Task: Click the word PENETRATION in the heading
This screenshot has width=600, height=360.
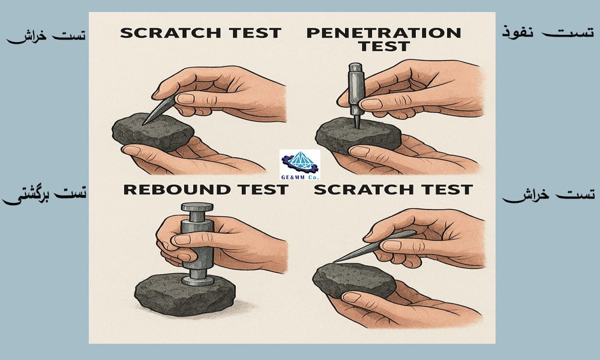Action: [x=384, y=33]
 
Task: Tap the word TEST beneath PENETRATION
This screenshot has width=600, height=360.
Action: [x=384, y=46]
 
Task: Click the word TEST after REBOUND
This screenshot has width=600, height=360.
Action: [x=262, y=190]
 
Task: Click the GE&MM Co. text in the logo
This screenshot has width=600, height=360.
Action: [x=299, y=177]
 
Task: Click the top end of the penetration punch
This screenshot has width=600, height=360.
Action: [x=355, y=65]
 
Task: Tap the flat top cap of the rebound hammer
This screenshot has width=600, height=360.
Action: [x=197, y=207]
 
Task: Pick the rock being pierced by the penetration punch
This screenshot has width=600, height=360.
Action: [x=358, y=136]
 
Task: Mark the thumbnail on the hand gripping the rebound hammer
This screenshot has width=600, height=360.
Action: [x=182, y=239]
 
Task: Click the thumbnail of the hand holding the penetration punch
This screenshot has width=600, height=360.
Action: [x=371, y=104]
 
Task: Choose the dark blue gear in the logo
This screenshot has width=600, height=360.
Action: [x=299, y=165]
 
